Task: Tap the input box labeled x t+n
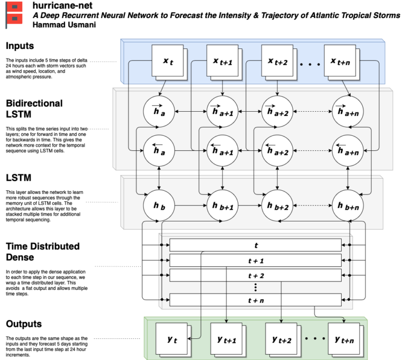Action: (340, 62)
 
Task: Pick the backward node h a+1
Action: (223, 150)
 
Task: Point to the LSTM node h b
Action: (159, 203)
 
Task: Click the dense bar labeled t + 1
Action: (255, 260)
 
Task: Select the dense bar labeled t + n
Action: (255, 300)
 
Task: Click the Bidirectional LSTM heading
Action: (34, 109)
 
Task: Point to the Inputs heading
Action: (20, 46)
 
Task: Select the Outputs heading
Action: (24, 323)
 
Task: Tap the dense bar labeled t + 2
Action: (255, 275)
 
